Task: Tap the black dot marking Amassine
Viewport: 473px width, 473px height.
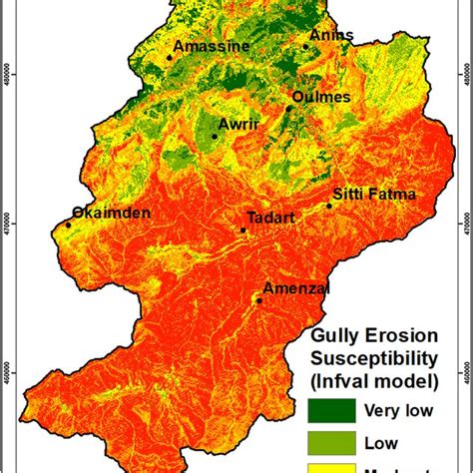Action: (170, 57)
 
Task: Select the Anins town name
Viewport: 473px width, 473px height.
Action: (331, 35)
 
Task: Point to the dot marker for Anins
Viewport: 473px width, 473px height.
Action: (306, 46)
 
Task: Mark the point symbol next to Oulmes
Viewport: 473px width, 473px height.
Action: (289, 108)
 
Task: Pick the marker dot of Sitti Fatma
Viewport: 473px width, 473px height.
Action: (330, 206)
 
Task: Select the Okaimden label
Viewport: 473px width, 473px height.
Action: (111, 213)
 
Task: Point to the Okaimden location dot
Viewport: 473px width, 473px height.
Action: (69, 225)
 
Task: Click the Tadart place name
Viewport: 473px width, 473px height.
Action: (270, 218)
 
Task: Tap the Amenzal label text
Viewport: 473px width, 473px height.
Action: (295, 287)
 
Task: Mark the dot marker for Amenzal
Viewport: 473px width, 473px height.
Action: (259, 300)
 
